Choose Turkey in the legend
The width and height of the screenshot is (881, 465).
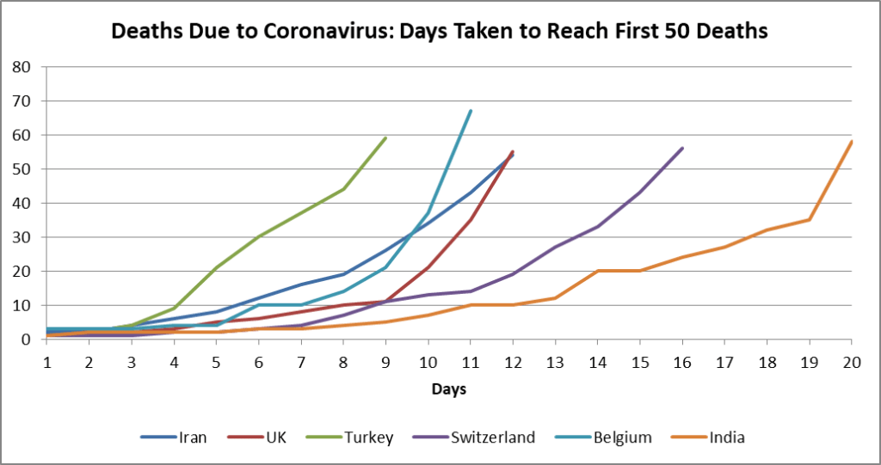coord(368,437)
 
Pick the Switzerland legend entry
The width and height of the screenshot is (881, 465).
coord(492,437)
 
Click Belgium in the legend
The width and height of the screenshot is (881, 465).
coord(622,437)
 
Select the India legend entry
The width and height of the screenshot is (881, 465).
coord(727,437)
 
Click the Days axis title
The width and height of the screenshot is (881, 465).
coord(449,389)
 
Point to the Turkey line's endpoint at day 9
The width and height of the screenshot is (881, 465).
coord(385,138)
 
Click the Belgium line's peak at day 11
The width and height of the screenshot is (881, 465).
coord(471,111)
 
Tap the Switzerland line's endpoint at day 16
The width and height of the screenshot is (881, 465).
coord(682,148)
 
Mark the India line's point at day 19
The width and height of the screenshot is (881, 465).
coord(810,219)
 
